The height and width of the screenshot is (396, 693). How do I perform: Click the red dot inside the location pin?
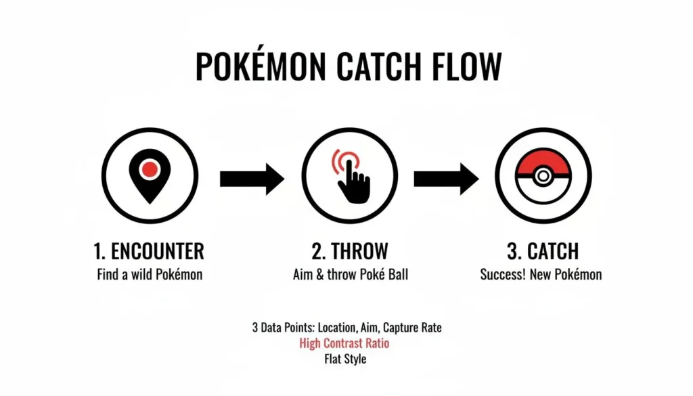pos(150,168)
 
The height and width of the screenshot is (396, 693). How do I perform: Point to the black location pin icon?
pos(150,177)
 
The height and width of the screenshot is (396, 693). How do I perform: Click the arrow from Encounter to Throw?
pos(252,179)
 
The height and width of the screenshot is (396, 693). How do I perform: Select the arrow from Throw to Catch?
pos(445,179)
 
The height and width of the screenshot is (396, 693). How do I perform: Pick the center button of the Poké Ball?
pos(542,177)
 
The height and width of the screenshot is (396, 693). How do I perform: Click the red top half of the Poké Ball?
pos(542,161)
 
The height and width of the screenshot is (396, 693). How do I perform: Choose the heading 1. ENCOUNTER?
pos(148,252)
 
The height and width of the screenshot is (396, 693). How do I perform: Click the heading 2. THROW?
pos(349,252)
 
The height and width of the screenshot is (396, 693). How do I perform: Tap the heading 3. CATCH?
pos(543,252)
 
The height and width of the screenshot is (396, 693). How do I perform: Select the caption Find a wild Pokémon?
pos(149,275)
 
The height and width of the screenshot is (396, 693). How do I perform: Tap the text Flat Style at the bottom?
pos(345,359)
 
